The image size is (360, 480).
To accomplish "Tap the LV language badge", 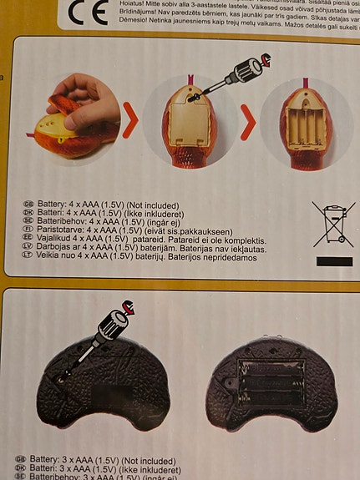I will [x=29, y=247].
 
